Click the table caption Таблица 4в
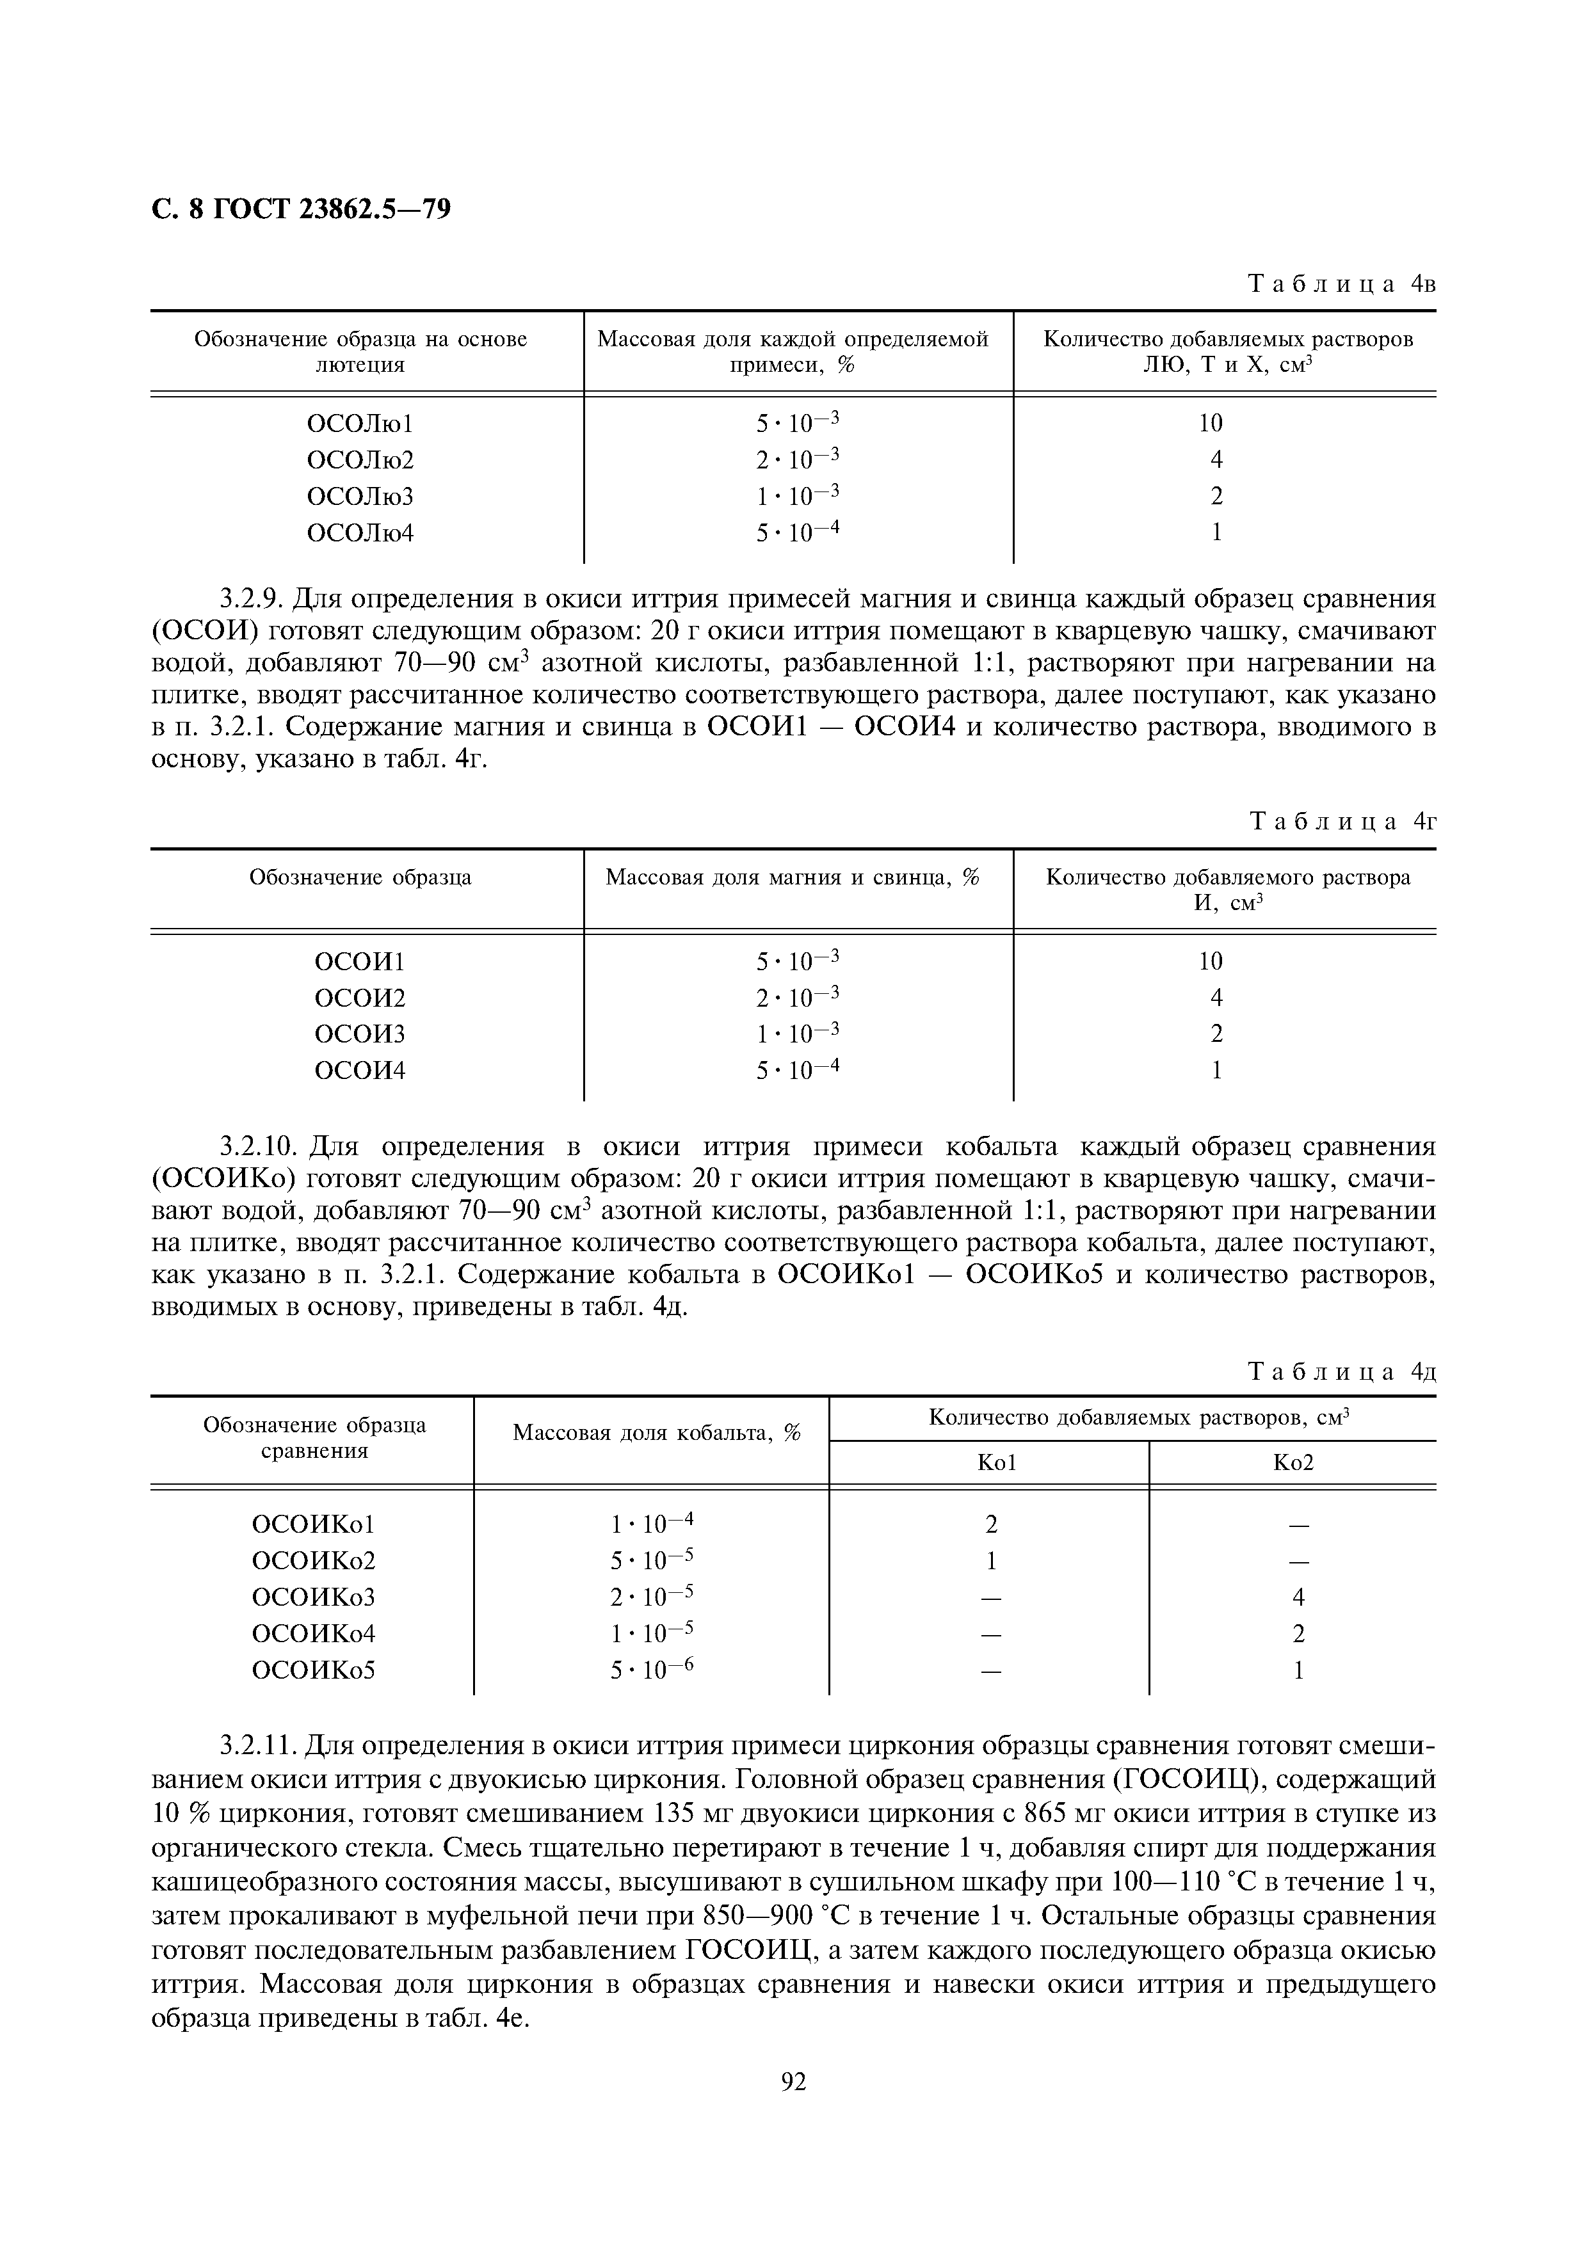(1342, 285)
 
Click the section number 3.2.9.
(252, 598)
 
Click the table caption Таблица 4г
(1342, 822)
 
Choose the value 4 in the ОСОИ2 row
(1216, 998)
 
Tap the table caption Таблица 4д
(1342, 1372)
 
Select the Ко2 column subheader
(1293, 1463)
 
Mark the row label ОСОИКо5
(314, 1670)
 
